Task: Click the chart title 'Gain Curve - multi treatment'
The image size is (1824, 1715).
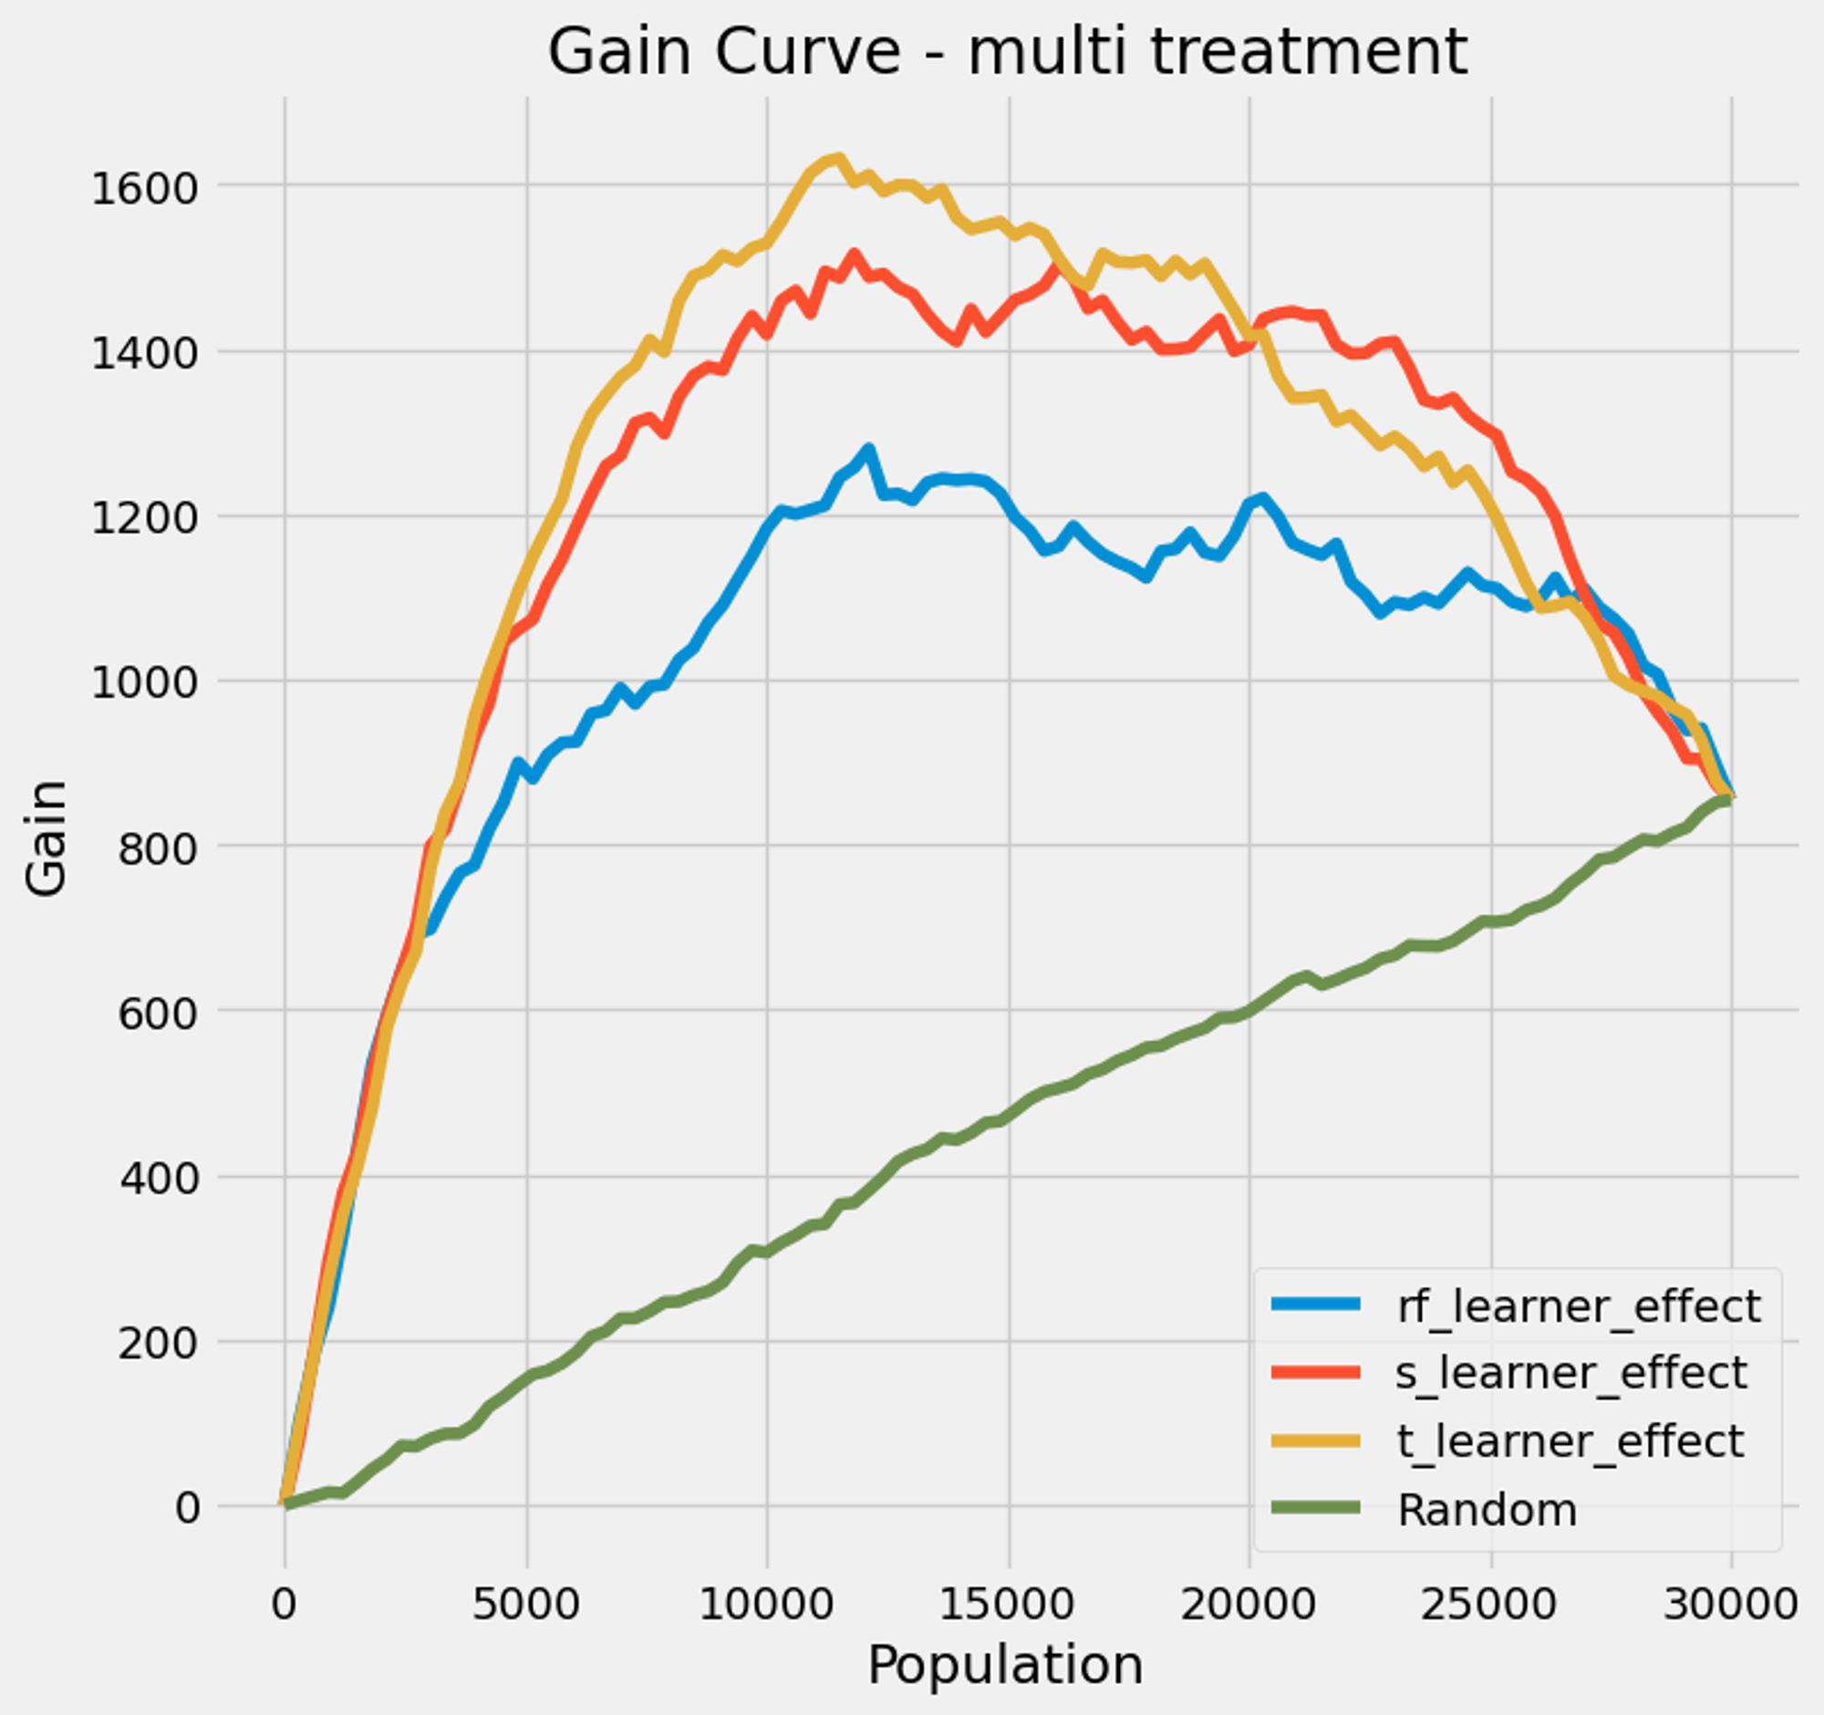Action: coord(1007,51)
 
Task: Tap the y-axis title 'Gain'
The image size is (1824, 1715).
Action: coord(46,837)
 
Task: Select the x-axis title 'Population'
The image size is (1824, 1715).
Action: coord(1006,1666)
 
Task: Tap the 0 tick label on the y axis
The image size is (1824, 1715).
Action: coord(186,1508)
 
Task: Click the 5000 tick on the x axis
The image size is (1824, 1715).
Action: coord(525,1606)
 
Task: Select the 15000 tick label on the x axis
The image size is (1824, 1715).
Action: coord(1008,1606)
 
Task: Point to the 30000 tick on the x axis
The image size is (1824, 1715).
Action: coord(1730,1606)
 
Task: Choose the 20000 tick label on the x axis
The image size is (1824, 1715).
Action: coord(1249,1606)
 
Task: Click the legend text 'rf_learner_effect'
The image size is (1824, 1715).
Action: coord(1578,1306)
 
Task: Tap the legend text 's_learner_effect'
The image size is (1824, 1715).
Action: coord(1570,1374)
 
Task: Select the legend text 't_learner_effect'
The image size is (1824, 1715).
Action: coord(1569,1441)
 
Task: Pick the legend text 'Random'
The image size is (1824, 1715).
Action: coord(1487,1510)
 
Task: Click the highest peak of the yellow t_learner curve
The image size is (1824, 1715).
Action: coord(839,158)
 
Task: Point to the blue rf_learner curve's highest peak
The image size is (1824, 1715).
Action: coord(868,449)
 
